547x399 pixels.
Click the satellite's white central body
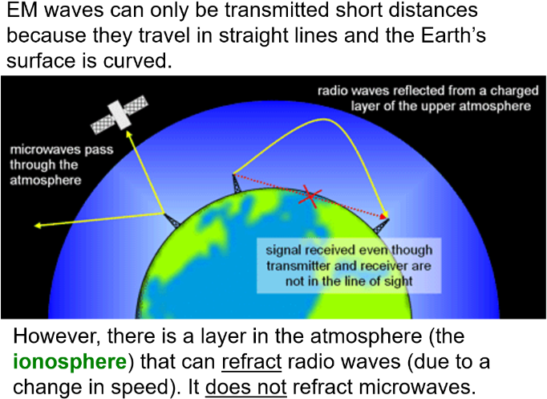click(121, 114)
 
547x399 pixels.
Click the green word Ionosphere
click(70, 362)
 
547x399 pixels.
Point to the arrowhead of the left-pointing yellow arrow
click(37, 226)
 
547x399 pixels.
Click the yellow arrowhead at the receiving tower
click(386, 214)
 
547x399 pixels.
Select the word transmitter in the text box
click(295, 265)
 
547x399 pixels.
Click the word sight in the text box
click(396, 282)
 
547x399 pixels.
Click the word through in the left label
click(32, 165)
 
